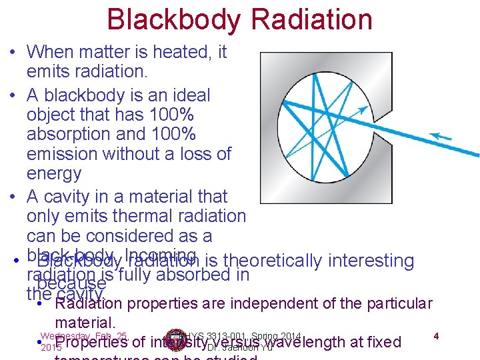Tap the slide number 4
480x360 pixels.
coord(435,335)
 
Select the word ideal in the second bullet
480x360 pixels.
coord(188,95)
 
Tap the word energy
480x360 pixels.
coord(54,174)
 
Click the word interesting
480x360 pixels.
coord(370,261)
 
